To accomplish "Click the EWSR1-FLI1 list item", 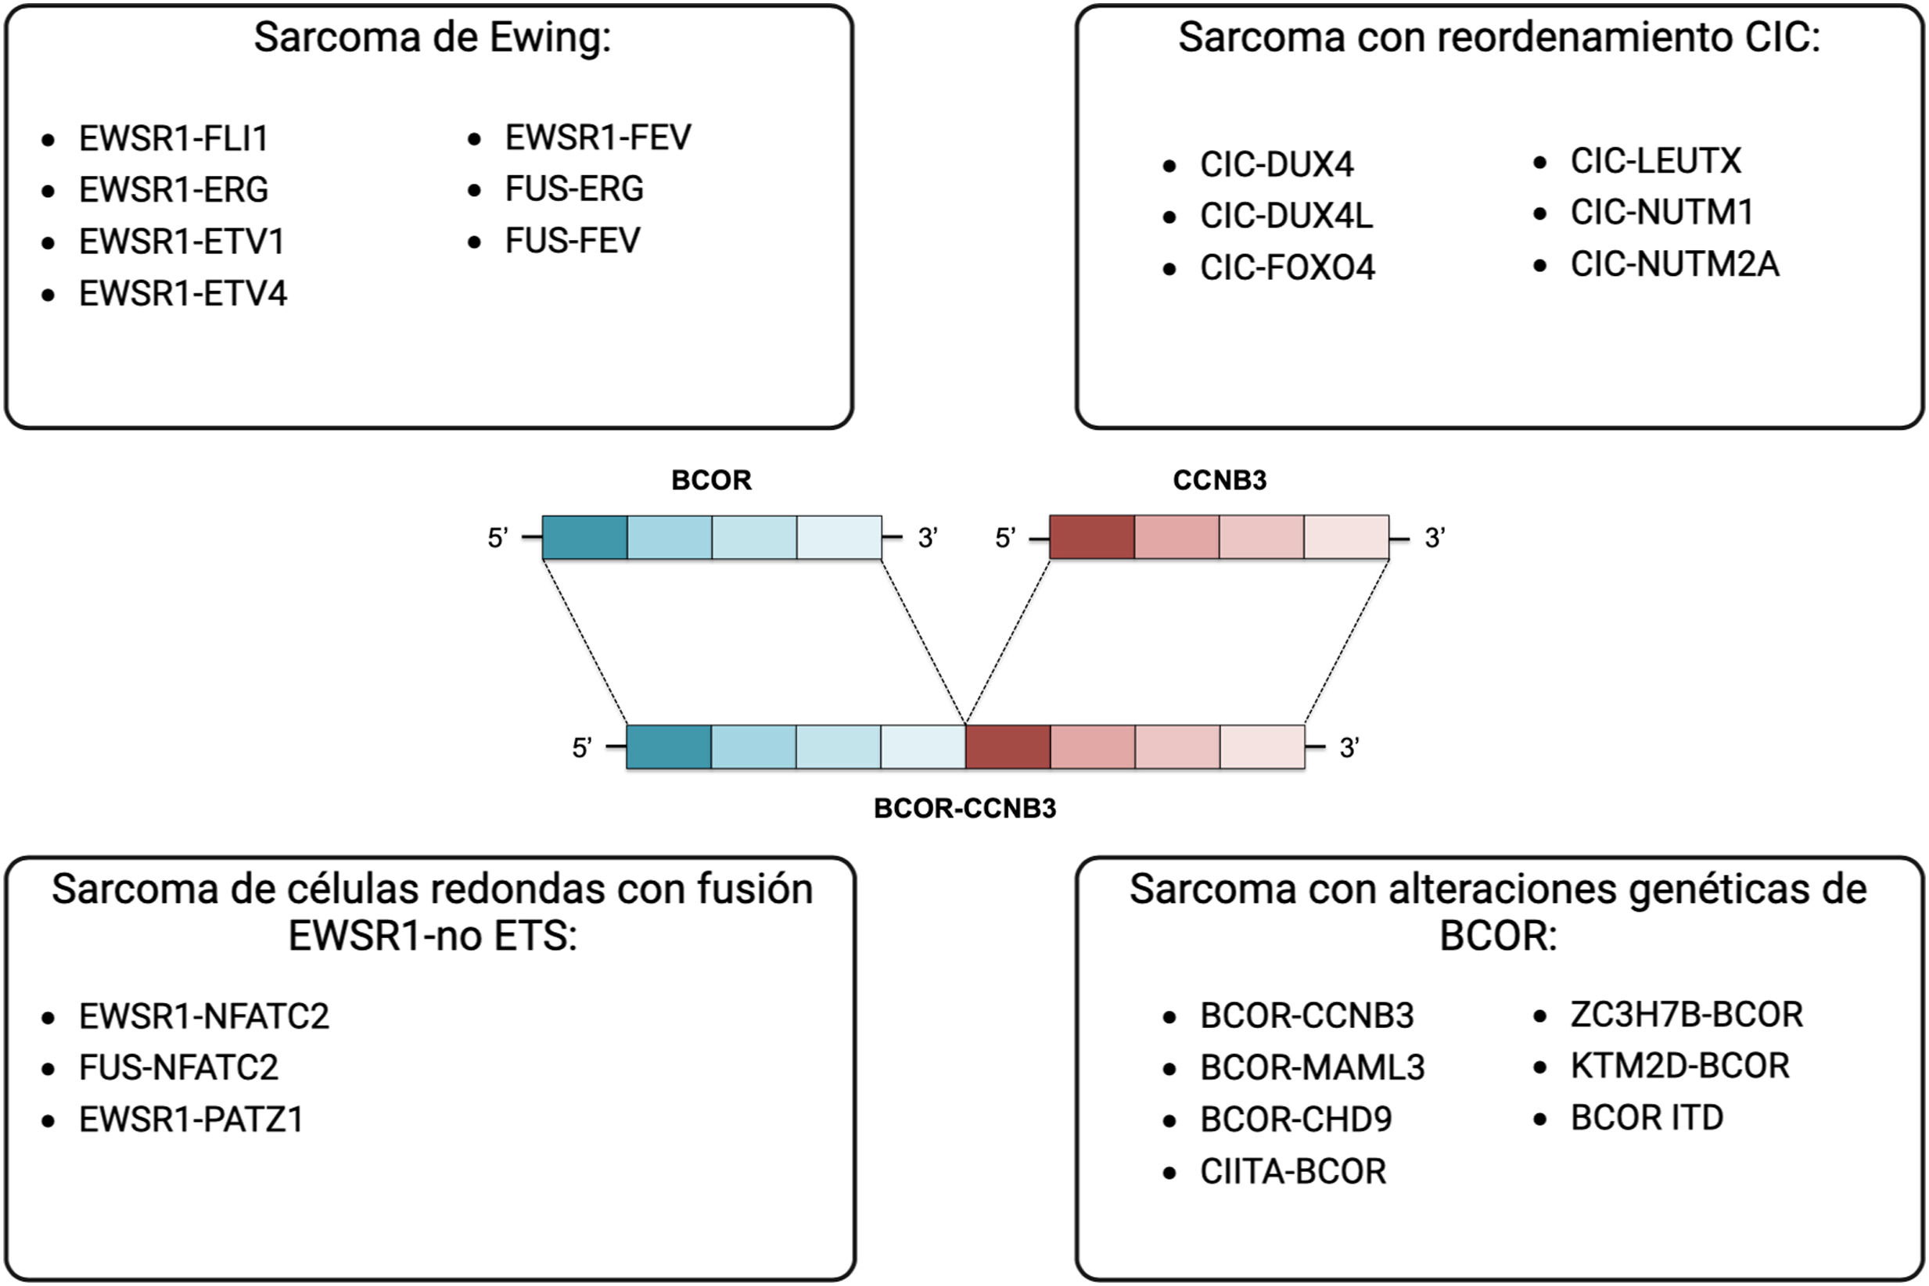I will (x=173, y=138).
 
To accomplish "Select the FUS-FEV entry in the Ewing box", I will (x=572, y=241).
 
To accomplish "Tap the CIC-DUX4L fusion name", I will (x=1286, y=217).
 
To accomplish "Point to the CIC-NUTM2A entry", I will (x=1674, y=265).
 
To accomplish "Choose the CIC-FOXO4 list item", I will (x=1287, y=268).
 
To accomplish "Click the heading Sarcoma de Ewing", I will (x=433, y=38).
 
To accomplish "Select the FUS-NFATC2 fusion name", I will (x=178, y=1068).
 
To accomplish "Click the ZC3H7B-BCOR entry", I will (x=1687, y=1016).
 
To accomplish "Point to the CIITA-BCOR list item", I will (x=1292, y=1172).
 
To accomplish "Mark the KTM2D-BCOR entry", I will (x=1679, y=1066).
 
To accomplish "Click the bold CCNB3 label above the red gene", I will (x=1220, y=481).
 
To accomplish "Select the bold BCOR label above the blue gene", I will (x=711, y=481).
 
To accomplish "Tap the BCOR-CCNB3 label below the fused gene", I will (x=965, y=808).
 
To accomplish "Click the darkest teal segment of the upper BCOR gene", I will (x=585, y=538).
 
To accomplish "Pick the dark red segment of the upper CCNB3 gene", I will (x=1092, y=538).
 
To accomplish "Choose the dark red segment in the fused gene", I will (x=1008, y=747).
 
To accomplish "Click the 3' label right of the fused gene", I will (x=1349, y=748).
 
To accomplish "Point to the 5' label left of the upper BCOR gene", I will (x=498, y=539).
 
